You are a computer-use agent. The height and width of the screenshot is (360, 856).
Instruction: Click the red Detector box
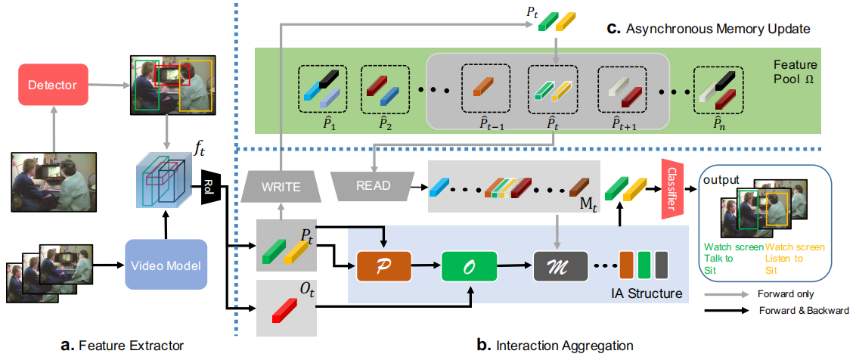[54, 85]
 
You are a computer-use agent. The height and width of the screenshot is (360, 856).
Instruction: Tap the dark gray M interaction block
[560, 266]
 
